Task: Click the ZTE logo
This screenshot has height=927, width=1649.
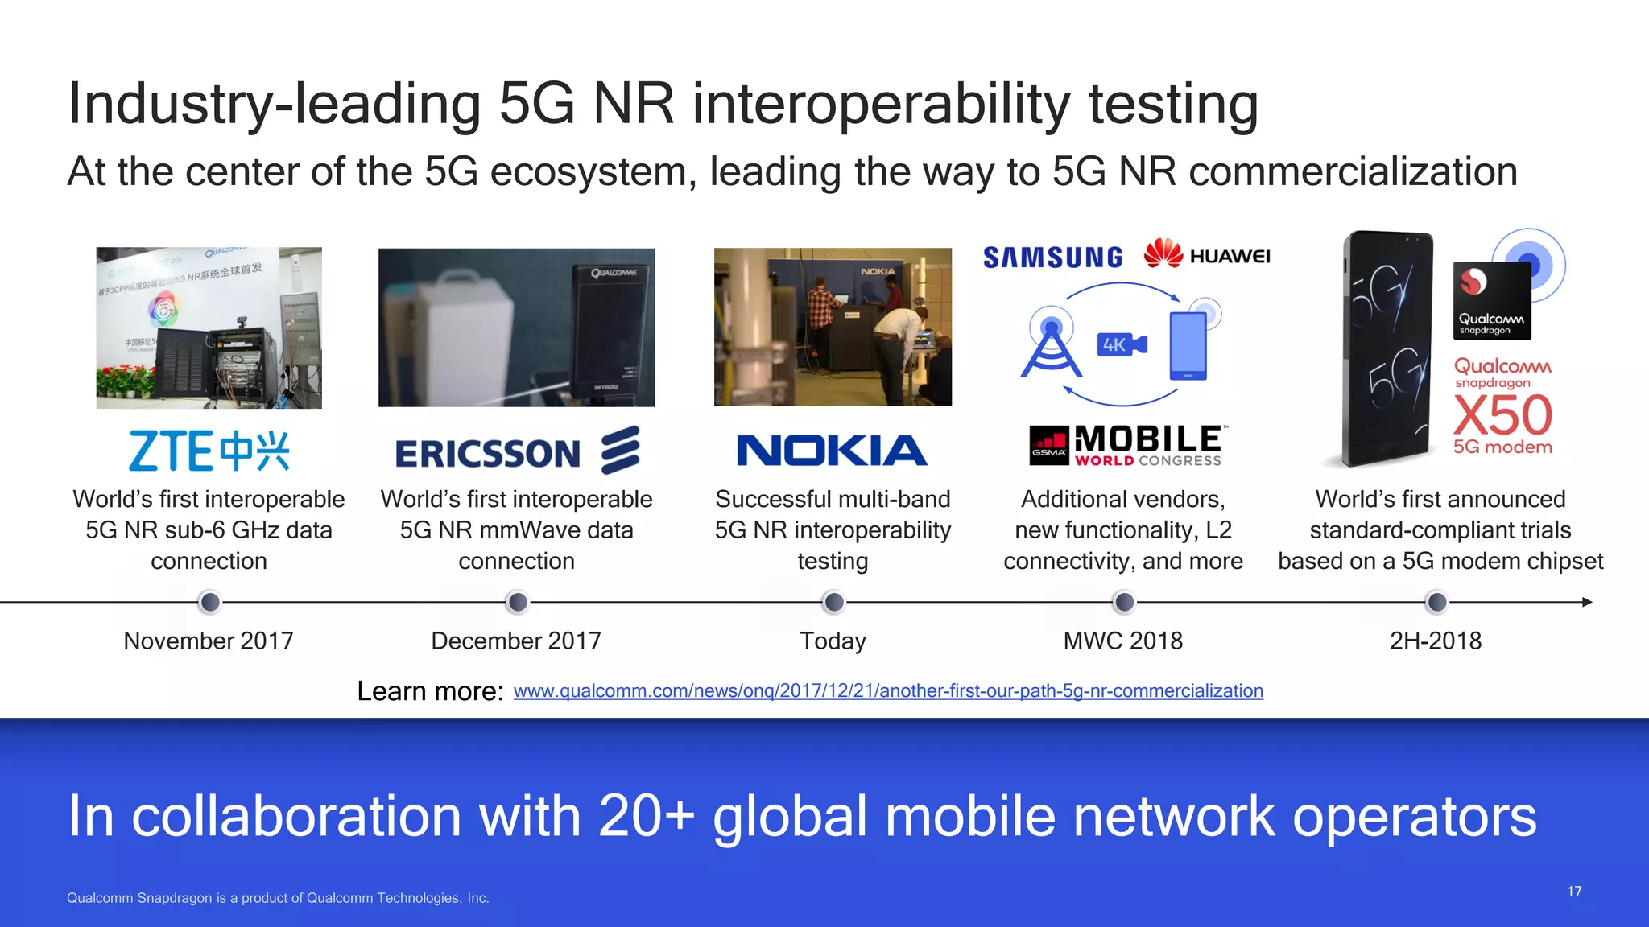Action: pos(209,451)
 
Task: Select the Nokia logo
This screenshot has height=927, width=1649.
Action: pos(832,451)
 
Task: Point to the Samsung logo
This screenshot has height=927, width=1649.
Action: pos(1052,257)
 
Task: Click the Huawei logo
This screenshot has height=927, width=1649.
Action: pos(1206,255)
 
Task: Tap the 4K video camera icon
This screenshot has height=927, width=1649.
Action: pos(1122,345)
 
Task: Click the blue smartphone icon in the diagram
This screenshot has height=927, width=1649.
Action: pos(1188,346)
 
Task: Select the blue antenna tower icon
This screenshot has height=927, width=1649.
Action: pos(1051,348)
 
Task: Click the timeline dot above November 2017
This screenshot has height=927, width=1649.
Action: pos(209,602)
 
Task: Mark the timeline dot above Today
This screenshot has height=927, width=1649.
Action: pos(834,602)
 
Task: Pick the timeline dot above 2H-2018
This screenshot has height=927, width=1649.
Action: pos(1436,602)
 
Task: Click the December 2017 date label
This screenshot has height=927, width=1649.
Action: pos(516,641)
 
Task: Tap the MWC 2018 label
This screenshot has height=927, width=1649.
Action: pos(1122,641)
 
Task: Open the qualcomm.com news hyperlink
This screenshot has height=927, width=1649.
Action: pos(888,691)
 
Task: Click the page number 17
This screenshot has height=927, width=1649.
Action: pos(1574,892)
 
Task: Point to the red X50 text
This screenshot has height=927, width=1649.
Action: pos(1502,416)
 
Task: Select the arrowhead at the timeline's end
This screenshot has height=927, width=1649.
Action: pos(1587,602)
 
